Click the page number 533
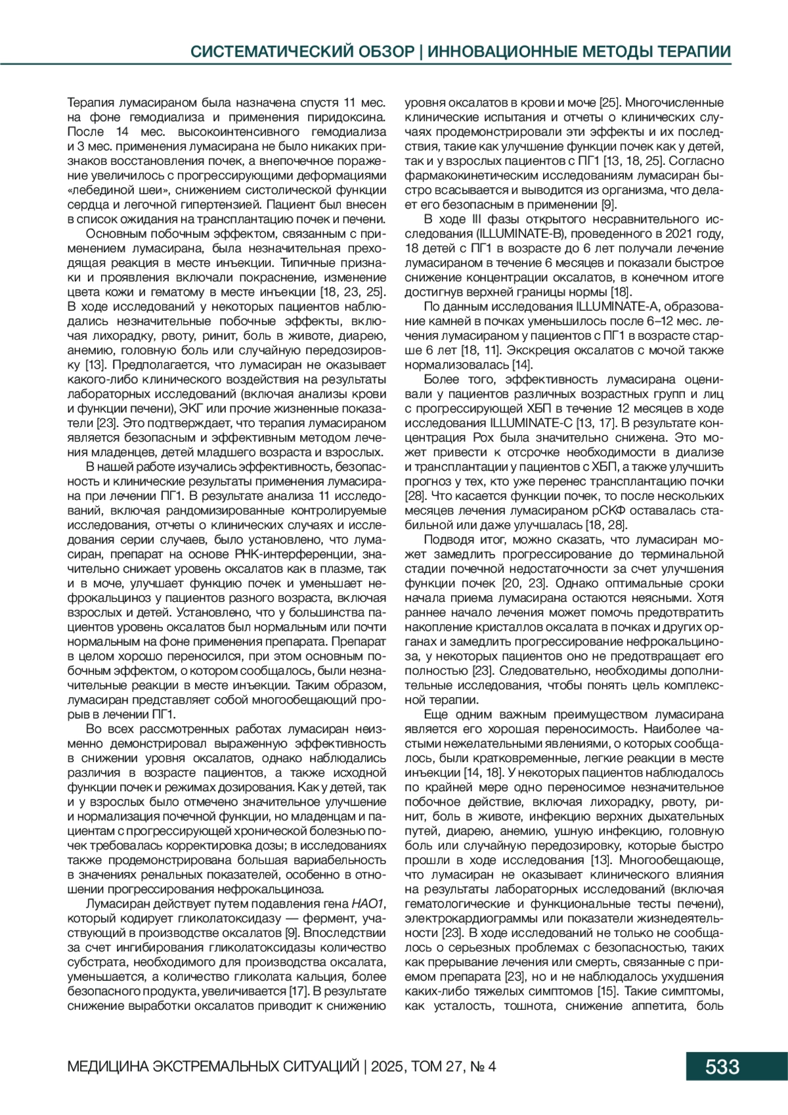722,1066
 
